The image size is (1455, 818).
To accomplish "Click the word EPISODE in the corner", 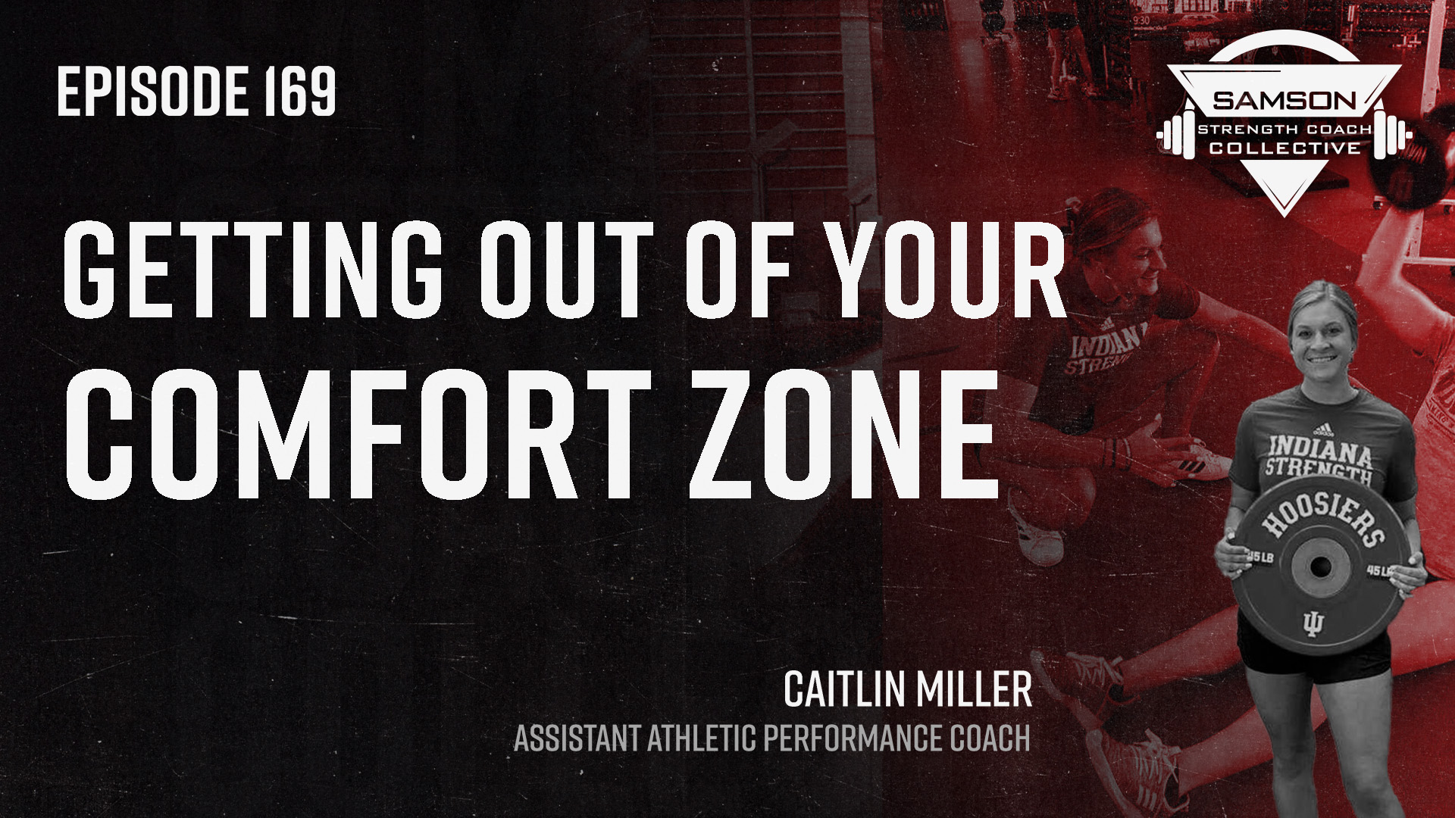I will click(x=153, y=91).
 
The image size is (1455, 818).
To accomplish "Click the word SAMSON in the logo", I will click(x=1284, y=100).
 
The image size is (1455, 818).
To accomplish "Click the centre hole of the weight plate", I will click(x=1319, y=567).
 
